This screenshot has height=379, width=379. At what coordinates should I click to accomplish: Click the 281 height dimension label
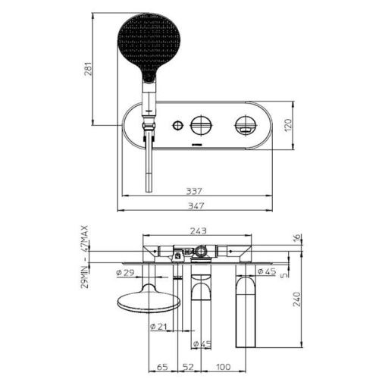tap(88, 69)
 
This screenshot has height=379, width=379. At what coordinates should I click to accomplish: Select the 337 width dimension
tap(194, 191)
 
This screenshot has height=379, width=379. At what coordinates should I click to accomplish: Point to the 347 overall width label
tap(196, 206)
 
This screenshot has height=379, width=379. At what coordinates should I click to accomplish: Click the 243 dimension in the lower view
tap(198, 230)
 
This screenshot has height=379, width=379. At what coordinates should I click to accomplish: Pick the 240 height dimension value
tap(297, 299)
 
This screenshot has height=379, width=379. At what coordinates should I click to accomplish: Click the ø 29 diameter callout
tap(126, 273)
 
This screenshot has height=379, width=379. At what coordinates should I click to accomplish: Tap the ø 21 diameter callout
tap(158, 327)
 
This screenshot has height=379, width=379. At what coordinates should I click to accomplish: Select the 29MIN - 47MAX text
tap(85, 257)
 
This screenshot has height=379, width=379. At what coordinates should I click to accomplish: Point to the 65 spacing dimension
tap(162, 367)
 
